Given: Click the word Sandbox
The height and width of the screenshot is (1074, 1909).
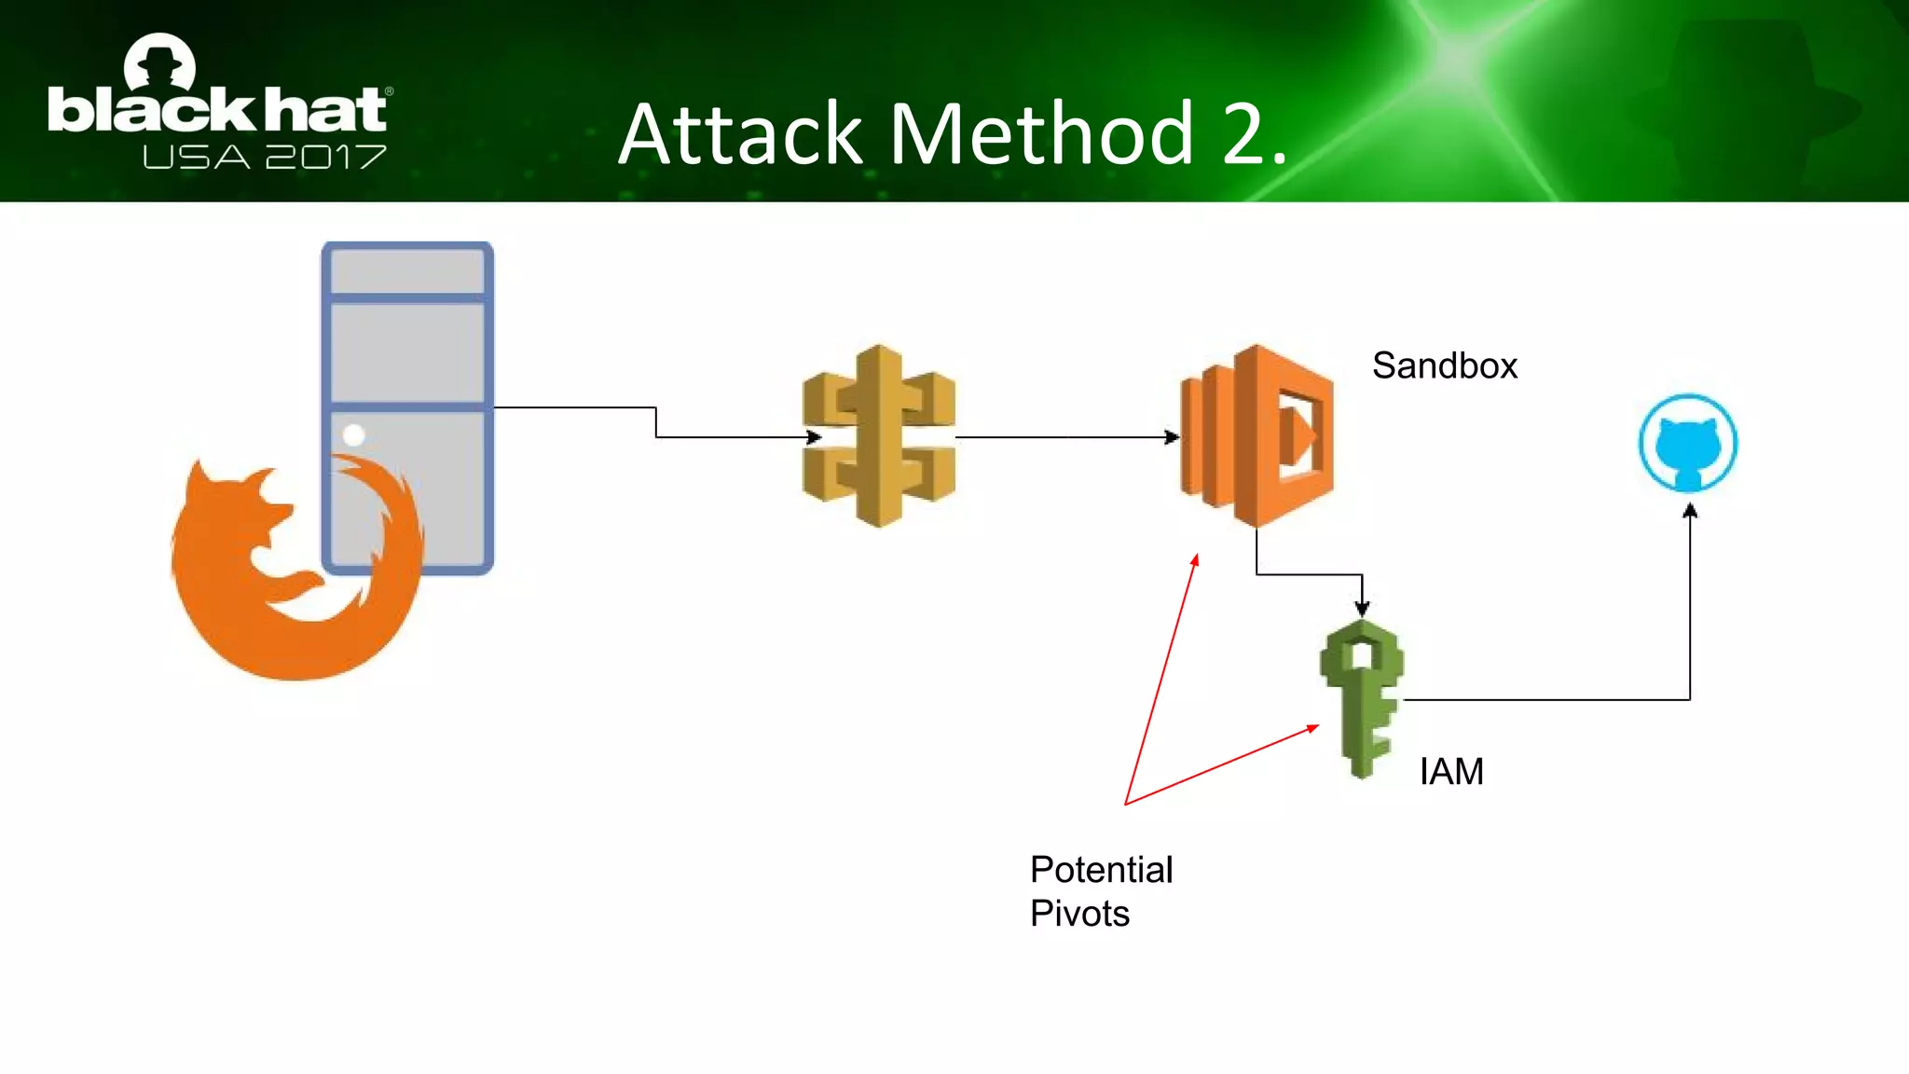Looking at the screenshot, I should click(x=1444, y=365).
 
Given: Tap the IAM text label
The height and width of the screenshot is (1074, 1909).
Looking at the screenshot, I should click(x=1451, y=772).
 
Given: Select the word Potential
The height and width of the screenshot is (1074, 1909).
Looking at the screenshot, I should click(x=1101, y=870).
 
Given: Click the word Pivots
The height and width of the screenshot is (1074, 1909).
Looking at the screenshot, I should click(x=1079, y=914).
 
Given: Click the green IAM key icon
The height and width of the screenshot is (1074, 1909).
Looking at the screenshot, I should click(x=1362, y=699).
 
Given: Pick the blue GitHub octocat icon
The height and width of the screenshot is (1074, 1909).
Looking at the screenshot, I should click(x=1688, y=444).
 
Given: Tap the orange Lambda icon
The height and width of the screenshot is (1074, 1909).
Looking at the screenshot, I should click(x=1257, y=436).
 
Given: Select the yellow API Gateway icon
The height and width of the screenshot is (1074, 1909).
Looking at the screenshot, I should click(x=878, y=436).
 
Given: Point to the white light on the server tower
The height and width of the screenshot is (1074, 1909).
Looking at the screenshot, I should click(x=354, y=434).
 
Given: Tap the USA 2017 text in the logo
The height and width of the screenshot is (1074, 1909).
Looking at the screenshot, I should click(x=264, y=157).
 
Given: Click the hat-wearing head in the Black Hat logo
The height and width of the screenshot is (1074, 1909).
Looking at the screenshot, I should click(x=160, y=63).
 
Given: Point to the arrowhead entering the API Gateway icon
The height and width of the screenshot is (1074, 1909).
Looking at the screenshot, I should click(x=814, y=436).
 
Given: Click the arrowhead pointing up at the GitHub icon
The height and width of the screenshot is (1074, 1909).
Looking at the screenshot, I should click(x=1690, y=511).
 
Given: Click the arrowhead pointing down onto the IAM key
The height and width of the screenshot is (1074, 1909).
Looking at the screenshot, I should click(x=1362, y=609).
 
